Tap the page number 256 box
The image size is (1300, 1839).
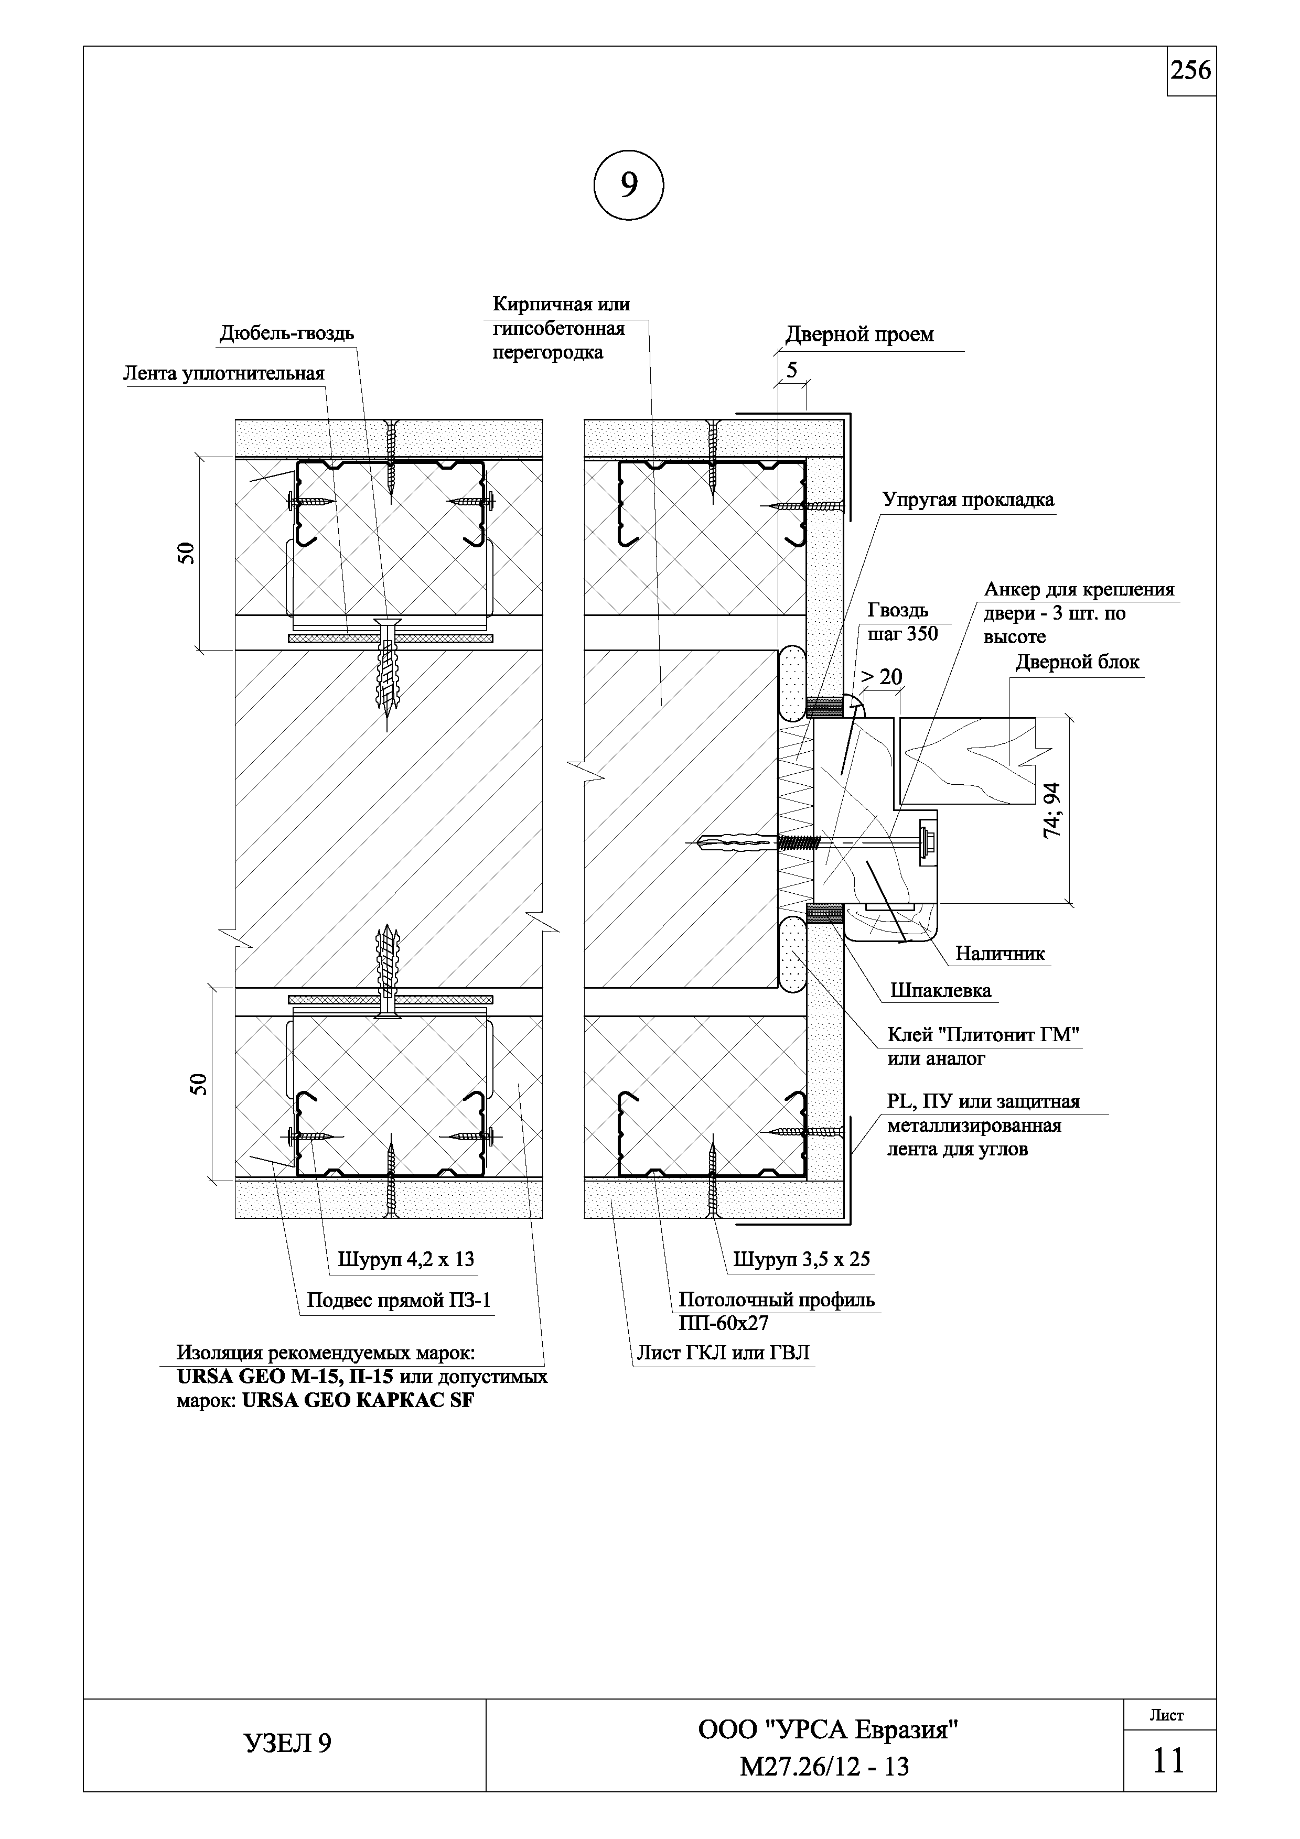(1191, 71)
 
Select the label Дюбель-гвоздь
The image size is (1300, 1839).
(287, 333)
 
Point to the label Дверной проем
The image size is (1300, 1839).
(859, 335)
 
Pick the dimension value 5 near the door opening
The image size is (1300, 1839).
(792, 370)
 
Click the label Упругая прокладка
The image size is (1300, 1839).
(968, 500)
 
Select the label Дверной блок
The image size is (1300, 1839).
(1077, 663)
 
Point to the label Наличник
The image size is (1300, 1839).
(1000, 953)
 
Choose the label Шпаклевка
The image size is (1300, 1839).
(940, 991)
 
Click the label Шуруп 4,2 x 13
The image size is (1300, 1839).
(405, 1259)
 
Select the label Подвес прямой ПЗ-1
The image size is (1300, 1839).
(399, 1301)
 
